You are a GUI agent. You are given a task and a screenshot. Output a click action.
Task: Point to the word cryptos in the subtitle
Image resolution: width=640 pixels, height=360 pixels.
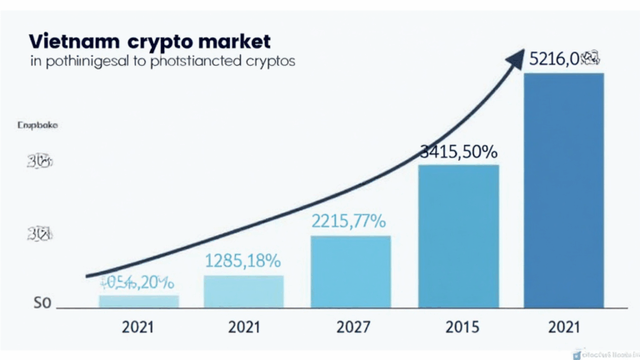[269, 62]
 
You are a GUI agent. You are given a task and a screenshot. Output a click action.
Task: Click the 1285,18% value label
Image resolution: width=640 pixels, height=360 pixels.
[242, 261]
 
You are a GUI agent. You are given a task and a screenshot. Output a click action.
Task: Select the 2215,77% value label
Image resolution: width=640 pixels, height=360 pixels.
[348, 222]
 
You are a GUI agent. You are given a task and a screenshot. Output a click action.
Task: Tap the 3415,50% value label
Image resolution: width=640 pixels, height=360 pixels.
[457, 152]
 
